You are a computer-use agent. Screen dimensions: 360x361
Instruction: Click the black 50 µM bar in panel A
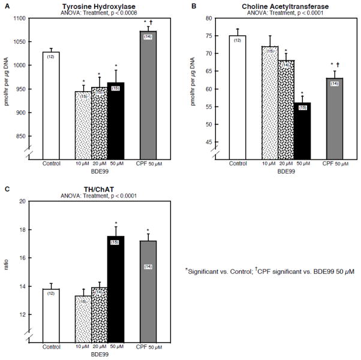115,120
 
